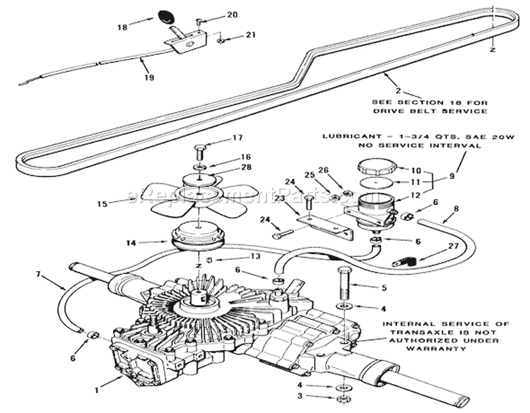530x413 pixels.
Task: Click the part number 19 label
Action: point(148,78)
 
